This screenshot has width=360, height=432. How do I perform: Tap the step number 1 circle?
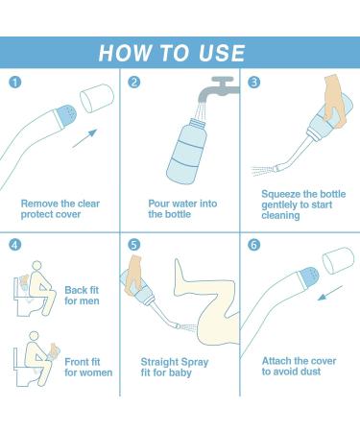click(x=14, y=83)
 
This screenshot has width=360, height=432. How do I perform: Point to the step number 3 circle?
click(x=252, y=83)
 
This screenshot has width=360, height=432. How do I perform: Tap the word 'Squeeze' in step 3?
click(x=284, y=193)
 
